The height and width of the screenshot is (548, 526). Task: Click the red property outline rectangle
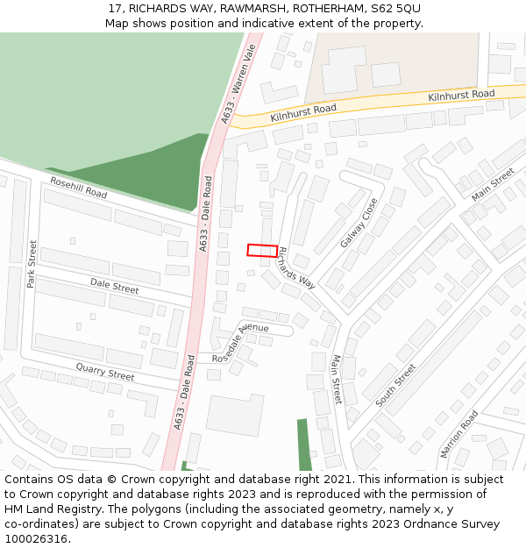(x=262, y=250)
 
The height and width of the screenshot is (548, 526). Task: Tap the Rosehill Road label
(x=78, y=187)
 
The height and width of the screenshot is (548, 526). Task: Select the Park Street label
(x=32, y=265)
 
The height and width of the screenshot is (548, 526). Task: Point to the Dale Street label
(x=114, y=287)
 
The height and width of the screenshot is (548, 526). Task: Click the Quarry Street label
(x=104, y=372)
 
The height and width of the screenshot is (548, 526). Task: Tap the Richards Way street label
(x=295, y=267)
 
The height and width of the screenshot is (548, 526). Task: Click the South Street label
(x=395, y=385)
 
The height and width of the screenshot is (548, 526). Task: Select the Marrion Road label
(x=459, y=433)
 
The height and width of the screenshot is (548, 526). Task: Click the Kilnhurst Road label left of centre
(x=303, y=111)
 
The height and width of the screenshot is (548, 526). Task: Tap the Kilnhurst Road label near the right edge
(x=461, y=95)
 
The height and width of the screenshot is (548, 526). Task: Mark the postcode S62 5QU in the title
(x=396, y=8)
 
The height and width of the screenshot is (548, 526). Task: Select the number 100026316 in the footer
(x=38, y=538)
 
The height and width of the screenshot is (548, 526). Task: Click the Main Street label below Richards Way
(x=337, y=379)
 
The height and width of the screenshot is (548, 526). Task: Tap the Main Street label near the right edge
(x=493, y=184)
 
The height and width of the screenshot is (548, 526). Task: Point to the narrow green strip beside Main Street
(x=303, y=445)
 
